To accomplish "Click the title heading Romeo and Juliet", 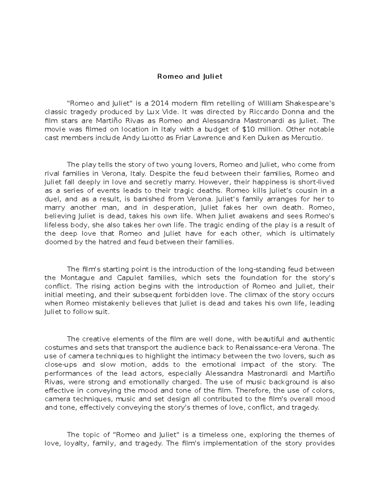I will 190,77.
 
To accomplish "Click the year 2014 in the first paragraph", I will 160,104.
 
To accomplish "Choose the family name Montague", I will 78,278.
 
